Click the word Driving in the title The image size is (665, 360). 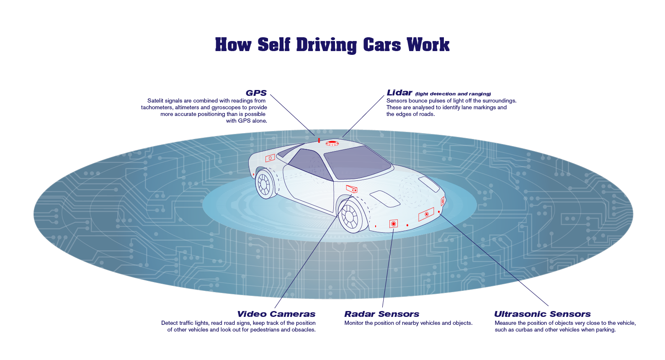coord(326,45)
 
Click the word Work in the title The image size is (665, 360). coord(428,45)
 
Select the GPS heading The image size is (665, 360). coord(256,93)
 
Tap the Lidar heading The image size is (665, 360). coord(399,93)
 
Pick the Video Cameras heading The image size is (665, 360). coord(276,314)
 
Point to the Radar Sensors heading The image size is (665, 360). coord(381,314)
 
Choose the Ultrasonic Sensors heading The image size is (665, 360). coord(542,314)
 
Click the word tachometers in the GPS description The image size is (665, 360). coord(157,108)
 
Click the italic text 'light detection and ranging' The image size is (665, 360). coord(453,94)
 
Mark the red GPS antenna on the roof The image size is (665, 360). coord(319,140)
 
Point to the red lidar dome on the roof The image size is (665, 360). coord(332,143)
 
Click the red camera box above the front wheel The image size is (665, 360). coord(352,189)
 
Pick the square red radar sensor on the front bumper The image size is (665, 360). coord(393,224)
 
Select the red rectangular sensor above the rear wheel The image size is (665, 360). coord(270,158)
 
